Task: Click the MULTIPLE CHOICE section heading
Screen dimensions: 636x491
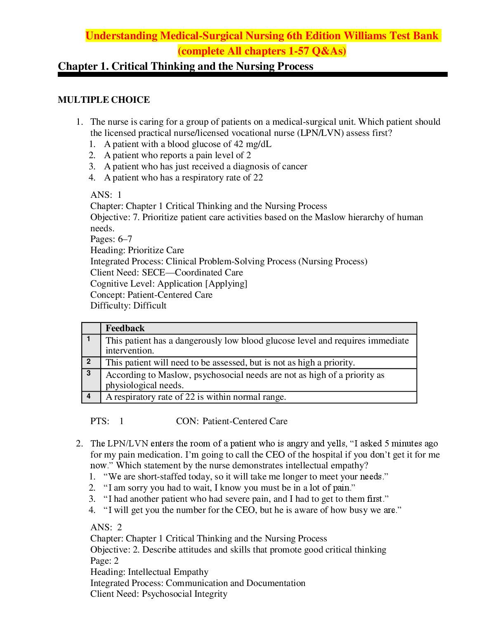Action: (104, 100)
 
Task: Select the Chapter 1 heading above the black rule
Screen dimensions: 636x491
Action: (185, 66)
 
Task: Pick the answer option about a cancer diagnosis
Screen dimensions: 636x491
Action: (205, 166)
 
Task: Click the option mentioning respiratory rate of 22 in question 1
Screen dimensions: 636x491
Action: (183, 178)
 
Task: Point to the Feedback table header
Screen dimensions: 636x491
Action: (125, 328)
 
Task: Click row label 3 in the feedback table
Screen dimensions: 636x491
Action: (89, 373)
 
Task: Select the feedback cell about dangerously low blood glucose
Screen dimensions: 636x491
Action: (257, 345)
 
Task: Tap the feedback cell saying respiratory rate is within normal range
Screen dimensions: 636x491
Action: (196, 397)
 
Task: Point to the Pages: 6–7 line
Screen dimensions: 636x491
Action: (111, 239)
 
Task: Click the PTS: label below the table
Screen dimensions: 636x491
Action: (100, 421)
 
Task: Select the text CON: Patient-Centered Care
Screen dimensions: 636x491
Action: (231, 421)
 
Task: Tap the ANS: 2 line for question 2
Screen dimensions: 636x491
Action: (106, 527)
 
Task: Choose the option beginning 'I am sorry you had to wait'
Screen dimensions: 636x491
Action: (229, 488)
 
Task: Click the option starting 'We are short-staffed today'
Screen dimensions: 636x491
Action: (246, 477)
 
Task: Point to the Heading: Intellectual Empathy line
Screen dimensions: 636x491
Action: (149, 572)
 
